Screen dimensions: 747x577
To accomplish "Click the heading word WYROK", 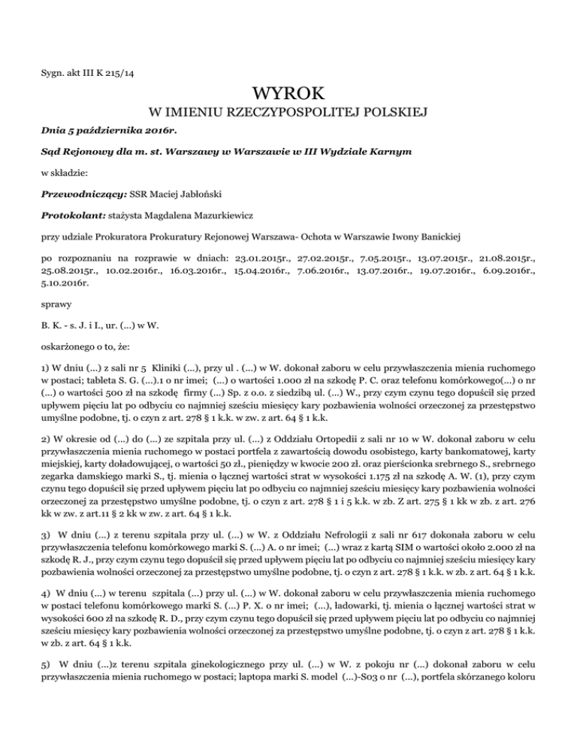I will point(288,95).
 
